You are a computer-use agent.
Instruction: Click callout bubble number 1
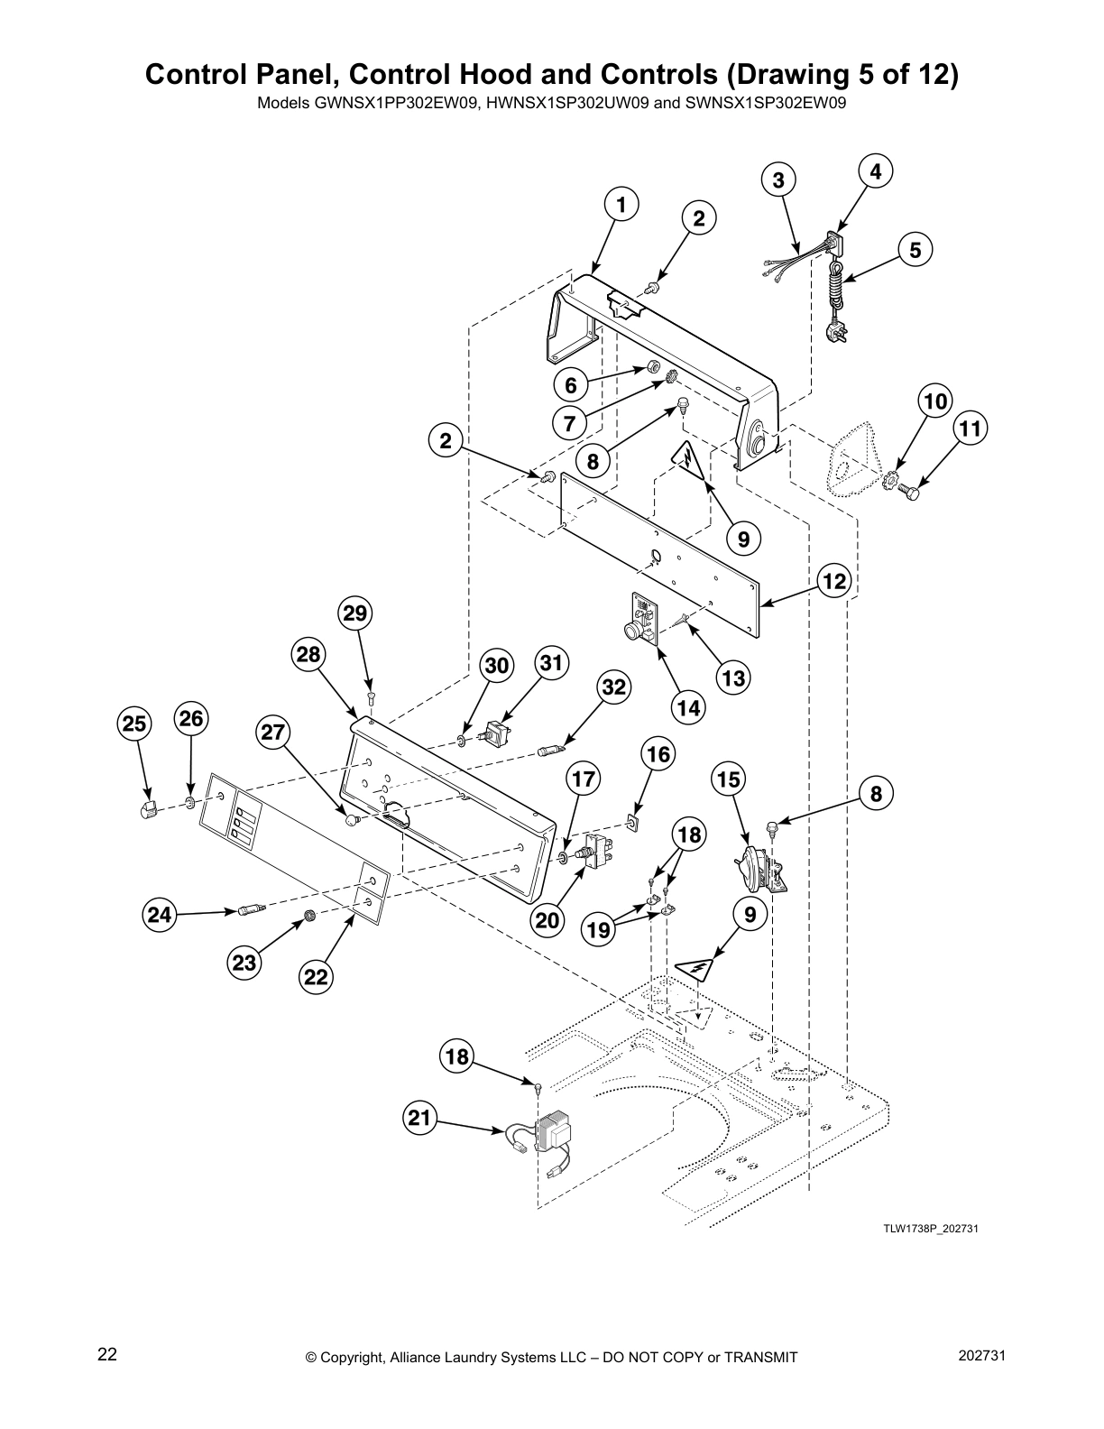point(621,204)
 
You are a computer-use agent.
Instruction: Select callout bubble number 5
point(915,250)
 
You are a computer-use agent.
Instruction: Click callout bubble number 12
point(835,581)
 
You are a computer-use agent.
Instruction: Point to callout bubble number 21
point(419,1120)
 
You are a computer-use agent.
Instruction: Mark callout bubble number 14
point(688,707)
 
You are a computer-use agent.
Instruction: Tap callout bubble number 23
point(244,963)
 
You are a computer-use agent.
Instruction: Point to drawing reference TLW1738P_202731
point(931,1229)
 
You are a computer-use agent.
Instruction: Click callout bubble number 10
point(935,401)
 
